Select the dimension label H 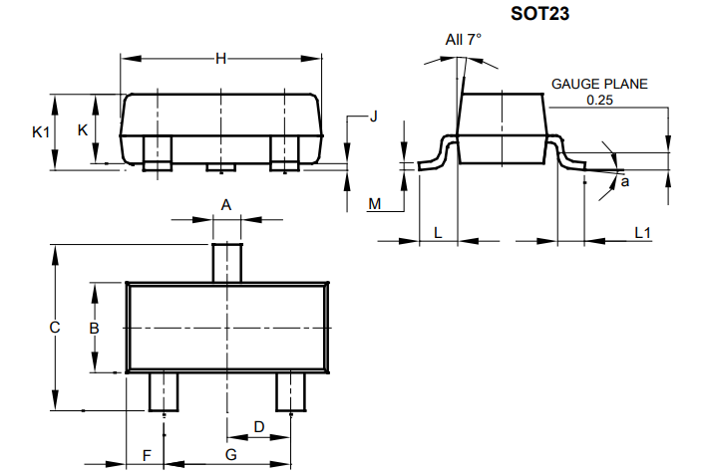click(x=221, y=59)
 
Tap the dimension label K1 click(x=39, y=131)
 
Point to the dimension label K click(x=83, y=130)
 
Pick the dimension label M click(x=375, y=204)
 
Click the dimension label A click(x=226, y=204)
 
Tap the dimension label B click(x=94, y=328)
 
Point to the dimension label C click(x=56, y=327)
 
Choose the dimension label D click(x=259, y=426)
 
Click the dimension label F click(x=147, y=455)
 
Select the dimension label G click(x=231, y=455)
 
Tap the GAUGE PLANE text click(x=599, y=84)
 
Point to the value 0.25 click(x=599, y=100)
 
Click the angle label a click(x=625, y=182)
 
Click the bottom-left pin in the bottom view click(x=163, y=391)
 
